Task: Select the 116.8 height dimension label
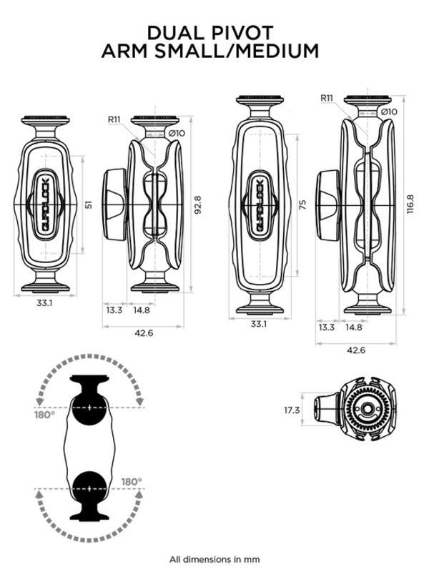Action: (x=410, y=204)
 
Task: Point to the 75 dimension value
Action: (x=303, y=204)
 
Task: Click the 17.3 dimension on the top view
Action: (x=292, y=410)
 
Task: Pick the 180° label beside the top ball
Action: (x=44, y=414)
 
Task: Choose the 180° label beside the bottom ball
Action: (x=131, y=481)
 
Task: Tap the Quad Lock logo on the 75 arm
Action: (x=260, y=204)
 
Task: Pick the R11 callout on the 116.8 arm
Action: (x=327, y=99)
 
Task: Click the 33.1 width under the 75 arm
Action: (x=259, y=325)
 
